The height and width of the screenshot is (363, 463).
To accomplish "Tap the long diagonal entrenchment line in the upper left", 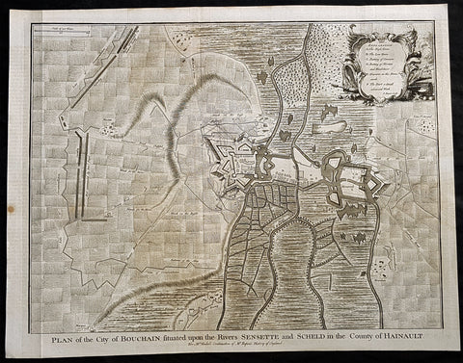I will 116,67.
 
